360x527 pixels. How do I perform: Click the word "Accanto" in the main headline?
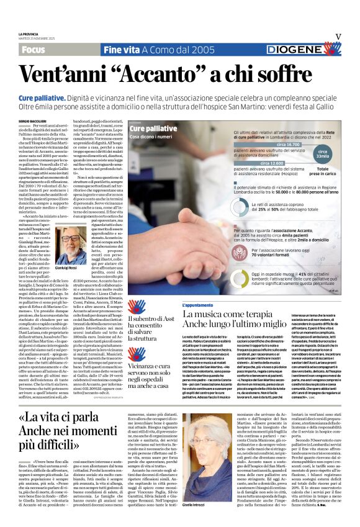click(163, 75)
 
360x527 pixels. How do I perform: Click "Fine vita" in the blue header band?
click(122, 49)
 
